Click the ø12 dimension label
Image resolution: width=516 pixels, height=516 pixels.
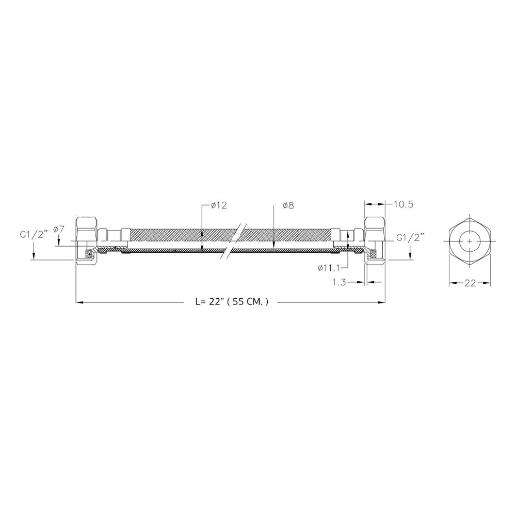click(219, 206)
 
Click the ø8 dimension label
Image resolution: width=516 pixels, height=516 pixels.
click(288, 206)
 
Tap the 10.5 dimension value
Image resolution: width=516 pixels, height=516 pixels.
click(404, 204)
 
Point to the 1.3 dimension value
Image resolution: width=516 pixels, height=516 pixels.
click(340, 283)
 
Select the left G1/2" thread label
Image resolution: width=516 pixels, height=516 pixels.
click(34, 234)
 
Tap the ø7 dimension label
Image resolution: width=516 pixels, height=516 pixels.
click(58, 229)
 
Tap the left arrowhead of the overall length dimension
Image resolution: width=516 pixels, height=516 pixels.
click(78, 302)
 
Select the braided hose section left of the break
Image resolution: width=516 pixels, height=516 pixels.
click(175, 236)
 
